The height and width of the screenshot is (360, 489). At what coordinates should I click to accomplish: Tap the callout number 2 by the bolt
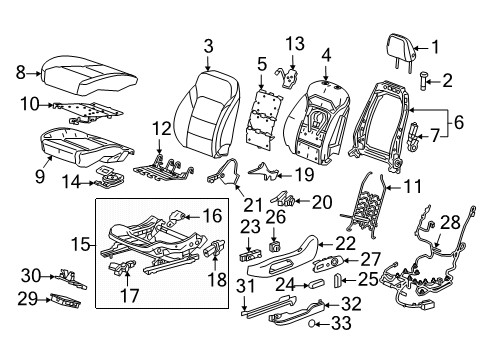point(447,79)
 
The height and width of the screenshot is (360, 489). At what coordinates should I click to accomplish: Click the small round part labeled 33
point(313,324)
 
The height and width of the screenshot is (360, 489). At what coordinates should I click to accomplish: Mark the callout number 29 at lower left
point(33,298)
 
